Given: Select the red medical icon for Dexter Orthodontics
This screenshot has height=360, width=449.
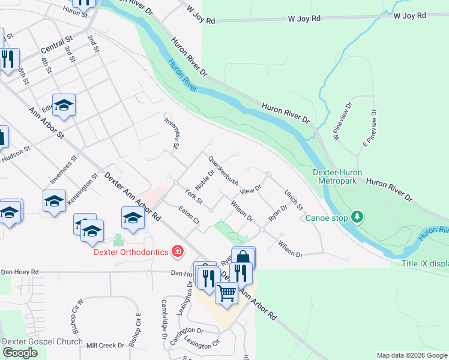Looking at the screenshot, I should [177, 251].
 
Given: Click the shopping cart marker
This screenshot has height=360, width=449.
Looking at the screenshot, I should [226, 293].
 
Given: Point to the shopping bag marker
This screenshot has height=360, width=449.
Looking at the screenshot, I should [243, 258].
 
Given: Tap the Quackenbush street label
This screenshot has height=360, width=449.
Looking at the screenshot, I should [223, 170].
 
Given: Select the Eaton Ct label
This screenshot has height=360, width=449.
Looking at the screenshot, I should [189, 215].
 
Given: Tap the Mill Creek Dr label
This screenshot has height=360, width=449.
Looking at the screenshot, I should [105, 345].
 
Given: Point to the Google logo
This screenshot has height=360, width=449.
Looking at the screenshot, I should [20, 353].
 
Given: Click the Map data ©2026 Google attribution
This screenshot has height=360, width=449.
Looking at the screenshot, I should [412, 355].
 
